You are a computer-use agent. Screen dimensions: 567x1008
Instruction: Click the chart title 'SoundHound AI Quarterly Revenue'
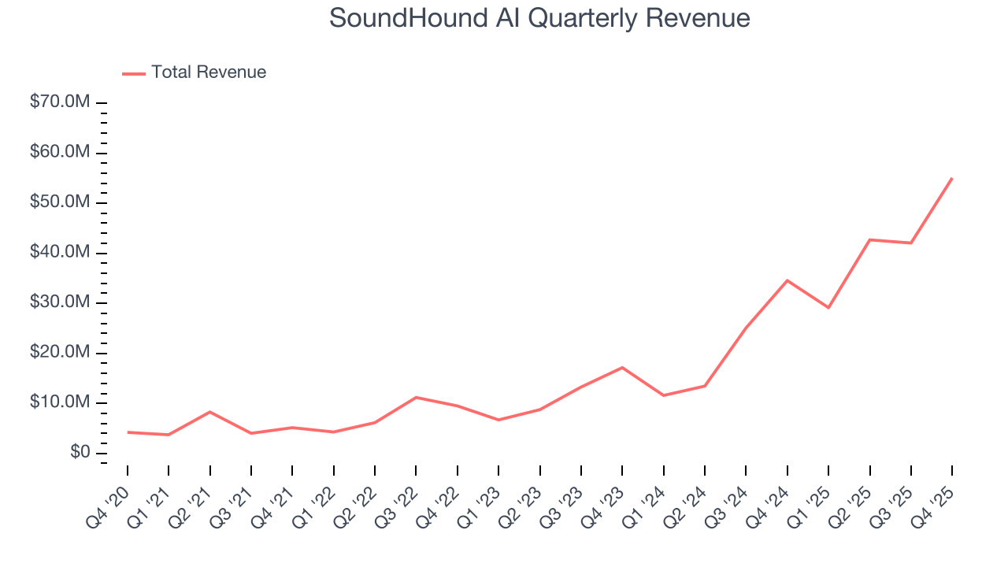tap(539, 18)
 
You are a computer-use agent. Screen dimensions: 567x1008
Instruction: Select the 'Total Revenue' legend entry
tap(208, 72)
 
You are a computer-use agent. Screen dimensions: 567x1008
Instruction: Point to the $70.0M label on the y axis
tap(60, 102)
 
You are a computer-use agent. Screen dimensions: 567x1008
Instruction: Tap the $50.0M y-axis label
tap(60, 202)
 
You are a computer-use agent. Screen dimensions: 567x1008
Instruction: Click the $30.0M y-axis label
tap(60, 302)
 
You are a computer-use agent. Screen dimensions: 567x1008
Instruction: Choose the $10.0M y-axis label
tap(60, 402)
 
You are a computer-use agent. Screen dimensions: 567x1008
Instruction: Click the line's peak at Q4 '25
tap(952, 178)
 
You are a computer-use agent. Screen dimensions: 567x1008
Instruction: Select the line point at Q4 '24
tap(787, 280)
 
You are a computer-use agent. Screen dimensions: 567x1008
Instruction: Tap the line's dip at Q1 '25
tap(828, 307)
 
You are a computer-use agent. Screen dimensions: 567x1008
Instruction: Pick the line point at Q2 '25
tap(869, 239)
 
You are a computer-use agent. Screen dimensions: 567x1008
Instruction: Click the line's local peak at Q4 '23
tap(622, 368)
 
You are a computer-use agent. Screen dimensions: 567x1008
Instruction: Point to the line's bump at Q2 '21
tap(210, 412)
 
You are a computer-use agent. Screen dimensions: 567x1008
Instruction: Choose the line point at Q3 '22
tap(416, 398)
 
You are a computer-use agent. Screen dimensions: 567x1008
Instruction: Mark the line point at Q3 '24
tap(746, 328)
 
